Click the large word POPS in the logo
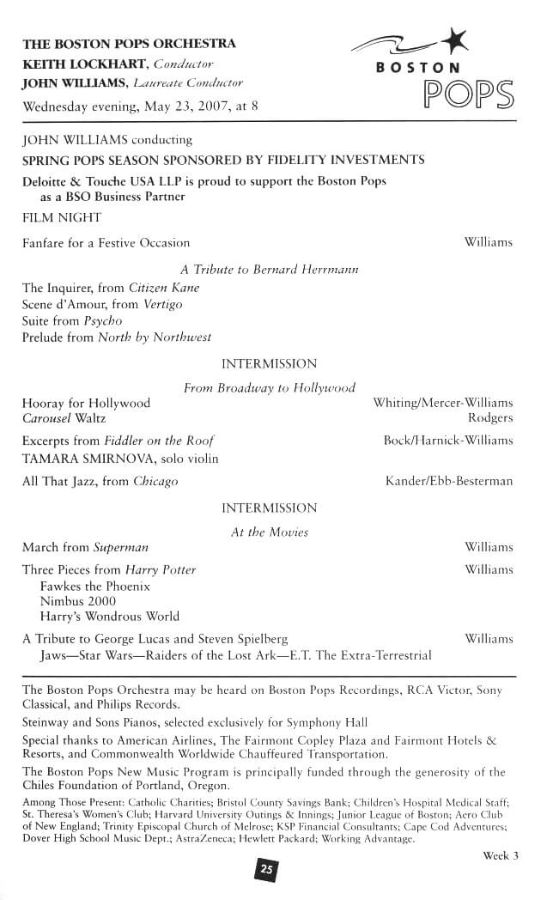click(x=467, y=94)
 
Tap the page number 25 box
click(x=267, y=870)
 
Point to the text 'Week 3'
click(x=501, y=855)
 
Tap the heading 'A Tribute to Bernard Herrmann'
click(x=269, y=269)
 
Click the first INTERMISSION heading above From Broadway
click(x=269, y=364)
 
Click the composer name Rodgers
click(x=490, y=418)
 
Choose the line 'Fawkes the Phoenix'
click(x=95, y=586)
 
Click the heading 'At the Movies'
click(x=269, y=532)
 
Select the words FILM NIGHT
click(x=62, y=218)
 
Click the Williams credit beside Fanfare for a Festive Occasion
click(x=488, y=242)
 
